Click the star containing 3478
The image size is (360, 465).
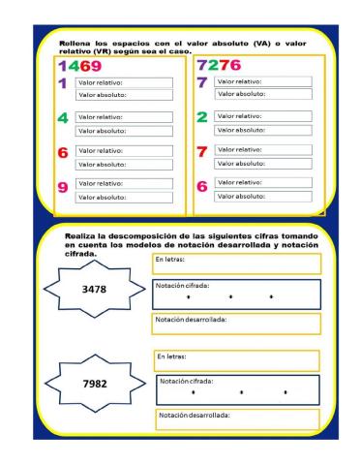tap(94, 290)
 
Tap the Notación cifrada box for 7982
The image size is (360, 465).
tap(238, 388)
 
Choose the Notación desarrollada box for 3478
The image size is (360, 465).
tap(236, 324)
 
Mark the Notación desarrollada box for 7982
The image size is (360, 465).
tap(236, 419)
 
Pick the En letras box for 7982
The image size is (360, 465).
tap(236, 359)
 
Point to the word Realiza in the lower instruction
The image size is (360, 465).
tap(82, 235)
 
